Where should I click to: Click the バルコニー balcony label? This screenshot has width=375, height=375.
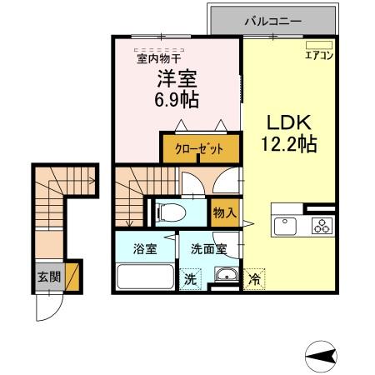point(272,20)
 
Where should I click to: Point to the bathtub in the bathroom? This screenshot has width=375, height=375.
point(145,276)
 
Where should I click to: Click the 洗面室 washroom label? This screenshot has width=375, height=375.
point(207,249)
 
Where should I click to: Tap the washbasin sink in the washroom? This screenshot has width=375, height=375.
point(224,277)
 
